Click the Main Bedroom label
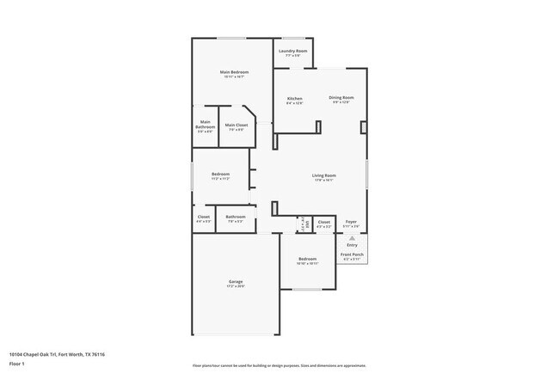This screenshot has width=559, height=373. (232, 72)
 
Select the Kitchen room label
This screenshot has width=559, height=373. (294, 99)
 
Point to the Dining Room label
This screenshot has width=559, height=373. (341, 98)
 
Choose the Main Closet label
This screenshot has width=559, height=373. (236, 125)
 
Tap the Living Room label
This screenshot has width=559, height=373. (323, 175)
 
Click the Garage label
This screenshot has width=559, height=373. (235, 283)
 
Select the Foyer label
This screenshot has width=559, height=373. (351, 222)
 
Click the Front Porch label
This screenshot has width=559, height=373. (351, 254)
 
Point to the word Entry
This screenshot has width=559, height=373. (351, 245)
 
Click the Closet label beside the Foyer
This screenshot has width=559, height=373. (323, 222)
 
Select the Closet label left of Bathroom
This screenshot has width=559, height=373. (203, 217)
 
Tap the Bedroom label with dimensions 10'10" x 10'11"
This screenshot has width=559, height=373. (308, 260)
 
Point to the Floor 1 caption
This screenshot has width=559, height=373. (17, 364)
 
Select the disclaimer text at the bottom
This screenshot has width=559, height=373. (279, 365)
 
